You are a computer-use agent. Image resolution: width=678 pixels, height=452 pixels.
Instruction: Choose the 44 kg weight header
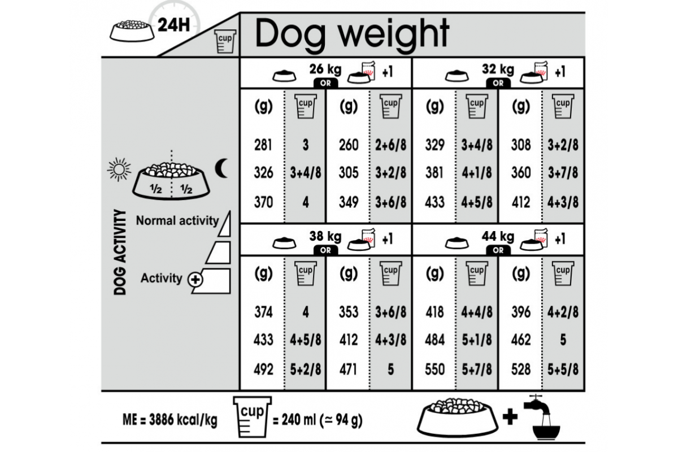tap(498, 237)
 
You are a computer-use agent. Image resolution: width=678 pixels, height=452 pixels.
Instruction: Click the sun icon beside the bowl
tap(119, 168)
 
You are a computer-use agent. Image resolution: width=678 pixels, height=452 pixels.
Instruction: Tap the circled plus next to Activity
tap(195, 279)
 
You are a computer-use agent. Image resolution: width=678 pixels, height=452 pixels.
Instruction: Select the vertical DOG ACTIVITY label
tap(119, 253)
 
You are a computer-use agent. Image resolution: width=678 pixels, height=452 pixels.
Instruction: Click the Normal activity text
tap(177, 221)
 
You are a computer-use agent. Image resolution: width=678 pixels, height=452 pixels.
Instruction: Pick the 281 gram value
tap(263, 145)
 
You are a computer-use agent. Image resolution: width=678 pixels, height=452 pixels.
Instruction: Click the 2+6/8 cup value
tap(391, 145)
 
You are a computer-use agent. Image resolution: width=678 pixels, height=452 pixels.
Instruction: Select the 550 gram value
tap(434, 370)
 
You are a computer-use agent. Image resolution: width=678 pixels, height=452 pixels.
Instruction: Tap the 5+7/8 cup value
tap(477, 370)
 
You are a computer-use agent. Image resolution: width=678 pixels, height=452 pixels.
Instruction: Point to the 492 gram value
tap(263, 370)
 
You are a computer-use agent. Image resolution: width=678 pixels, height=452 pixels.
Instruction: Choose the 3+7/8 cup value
tap(563, 173)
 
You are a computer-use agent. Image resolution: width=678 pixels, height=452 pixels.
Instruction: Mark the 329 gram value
tap(434, 145)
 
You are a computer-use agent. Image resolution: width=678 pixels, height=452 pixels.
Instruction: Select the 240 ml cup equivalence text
tap(316, 420)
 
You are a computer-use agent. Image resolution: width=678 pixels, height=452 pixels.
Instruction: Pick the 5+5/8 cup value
tap(563, 370)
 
